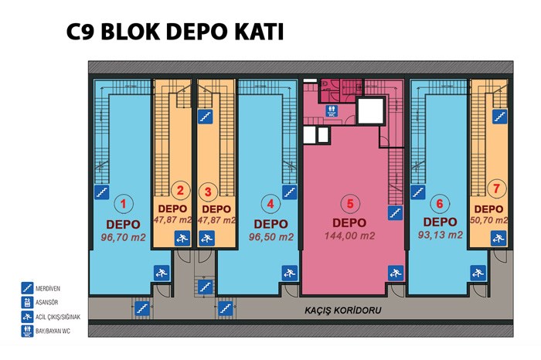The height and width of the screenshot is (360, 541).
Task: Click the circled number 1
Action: (123, 204)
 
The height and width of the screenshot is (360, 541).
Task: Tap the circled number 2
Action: (180, 190)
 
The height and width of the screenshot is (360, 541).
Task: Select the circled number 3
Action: (208, 192)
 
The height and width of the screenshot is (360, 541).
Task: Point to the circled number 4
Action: (270, 204)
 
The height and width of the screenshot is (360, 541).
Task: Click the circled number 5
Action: (350, 203)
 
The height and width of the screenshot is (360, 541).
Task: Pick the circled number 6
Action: (440, 203)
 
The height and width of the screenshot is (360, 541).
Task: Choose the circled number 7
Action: (496, 188)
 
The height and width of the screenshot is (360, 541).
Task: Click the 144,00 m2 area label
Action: (349, 236)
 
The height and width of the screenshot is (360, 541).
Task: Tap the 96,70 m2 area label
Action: (123, 237)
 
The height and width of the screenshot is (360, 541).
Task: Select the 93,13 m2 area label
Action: (440, 235)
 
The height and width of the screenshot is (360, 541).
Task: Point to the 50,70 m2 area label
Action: (489, 220)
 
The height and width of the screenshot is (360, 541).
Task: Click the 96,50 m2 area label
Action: (270, 237)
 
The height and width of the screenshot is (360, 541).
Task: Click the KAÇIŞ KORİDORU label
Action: (342, 311)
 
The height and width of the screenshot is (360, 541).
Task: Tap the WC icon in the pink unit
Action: (332, 111)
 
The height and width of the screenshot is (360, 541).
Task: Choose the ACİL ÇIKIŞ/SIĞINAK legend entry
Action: (51, 317)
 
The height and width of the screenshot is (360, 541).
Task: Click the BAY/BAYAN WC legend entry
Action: (46, 331)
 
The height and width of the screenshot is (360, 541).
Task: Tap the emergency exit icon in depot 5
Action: (396, 273)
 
